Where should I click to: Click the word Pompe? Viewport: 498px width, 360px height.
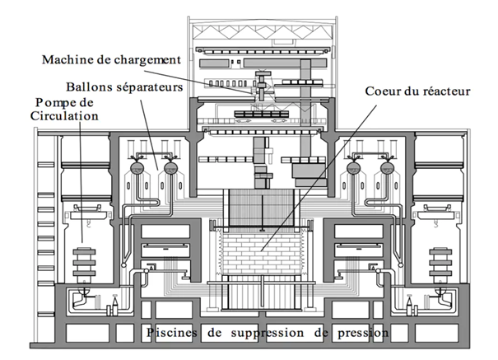click(x=54, y=101)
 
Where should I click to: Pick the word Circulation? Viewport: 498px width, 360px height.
click(x=65, y=115)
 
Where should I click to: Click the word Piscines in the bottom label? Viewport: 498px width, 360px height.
click(x=170, y=333)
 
